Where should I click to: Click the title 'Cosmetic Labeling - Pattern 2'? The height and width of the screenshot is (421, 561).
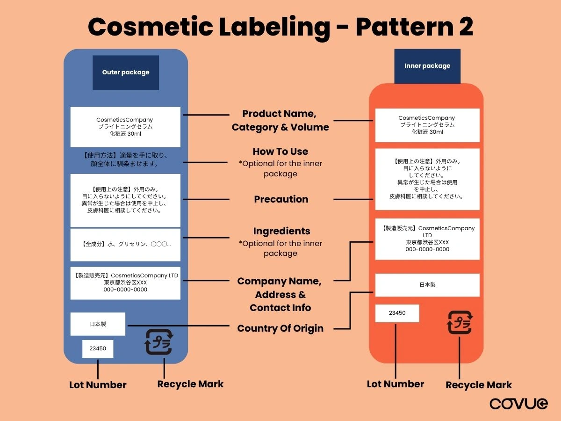pos(280,27)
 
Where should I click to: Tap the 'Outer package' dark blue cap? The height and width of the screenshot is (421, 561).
pos(126,73)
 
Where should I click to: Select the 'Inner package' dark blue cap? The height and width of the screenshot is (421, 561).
pos(427,66)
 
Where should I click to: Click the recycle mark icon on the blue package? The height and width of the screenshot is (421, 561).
pos(158,342)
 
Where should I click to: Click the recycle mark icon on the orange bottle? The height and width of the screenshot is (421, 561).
pos(460,322)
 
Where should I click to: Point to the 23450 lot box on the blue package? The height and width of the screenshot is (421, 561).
pos(98,348)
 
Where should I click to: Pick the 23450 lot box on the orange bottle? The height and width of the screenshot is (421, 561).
pos(397,313)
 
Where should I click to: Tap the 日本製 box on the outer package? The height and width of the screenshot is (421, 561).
pos(98,324)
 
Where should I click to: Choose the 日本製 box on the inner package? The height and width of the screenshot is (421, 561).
pos(427,285)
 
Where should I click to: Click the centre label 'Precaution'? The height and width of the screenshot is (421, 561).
pos(281,199)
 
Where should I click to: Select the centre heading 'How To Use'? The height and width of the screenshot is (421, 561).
pos(280,152)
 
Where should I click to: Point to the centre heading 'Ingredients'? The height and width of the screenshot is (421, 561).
pos(281,231)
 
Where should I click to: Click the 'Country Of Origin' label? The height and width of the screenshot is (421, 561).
pos(280,328)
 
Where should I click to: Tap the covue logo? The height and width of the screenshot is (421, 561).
pos(519,404)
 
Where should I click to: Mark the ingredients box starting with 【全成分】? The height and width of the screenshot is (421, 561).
pos(125,244)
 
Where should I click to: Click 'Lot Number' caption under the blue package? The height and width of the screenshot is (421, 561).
pos(98,385)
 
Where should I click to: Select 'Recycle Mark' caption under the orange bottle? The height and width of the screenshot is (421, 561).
pos(479,385)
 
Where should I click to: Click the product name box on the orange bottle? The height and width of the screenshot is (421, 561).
pos(427,125)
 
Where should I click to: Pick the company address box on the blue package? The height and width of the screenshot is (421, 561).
pos(125,283)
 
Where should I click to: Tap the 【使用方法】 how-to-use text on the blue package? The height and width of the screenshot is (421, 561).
pos(125,160)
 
